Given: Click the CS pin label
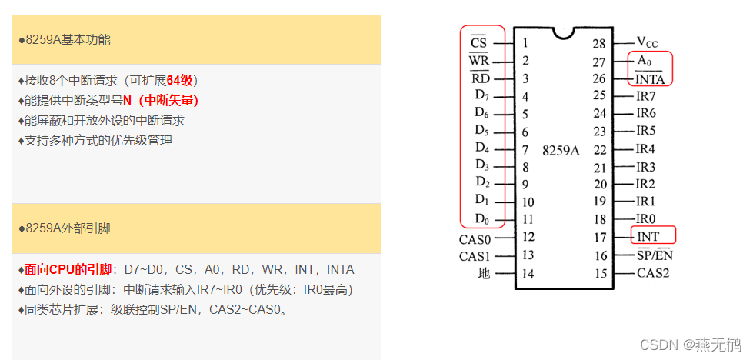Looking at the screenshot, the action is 478,43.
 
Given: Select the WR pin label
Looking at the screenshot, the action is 478,61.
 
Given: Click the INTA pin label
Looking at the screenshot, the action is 649,78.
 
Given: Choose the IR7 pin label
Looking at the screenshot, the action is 645,96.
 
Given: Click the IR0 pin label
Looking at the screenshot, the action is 645,219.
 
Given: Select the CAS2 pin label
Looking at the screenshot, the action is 652,273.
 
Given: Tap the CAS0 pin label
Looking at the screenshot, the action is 475,238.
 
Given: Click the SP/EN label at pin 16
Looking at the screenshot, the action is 655,255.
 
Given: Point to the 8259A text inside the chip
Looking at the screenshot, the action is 561,150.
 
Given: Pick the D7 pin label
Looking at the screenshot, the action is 481,95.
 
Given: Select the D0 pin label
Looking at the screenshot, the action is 481,221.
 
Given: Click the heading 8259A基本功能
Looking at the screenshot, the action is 68,39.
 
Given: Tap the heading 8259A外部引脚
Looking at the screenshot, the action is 68,228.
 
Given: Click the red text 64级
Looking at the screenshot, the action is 182,81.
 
